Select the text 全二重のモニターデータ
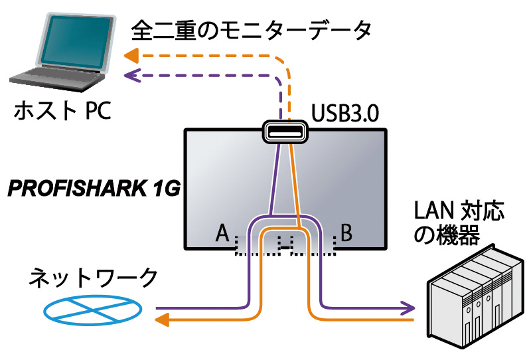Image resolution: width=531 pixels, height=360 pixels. click(252, 30)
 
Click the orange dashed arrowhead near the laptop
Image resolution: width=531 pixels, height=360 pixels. click(131, 56)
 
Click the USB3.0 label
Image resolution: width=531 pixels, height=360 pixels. click(346, 114)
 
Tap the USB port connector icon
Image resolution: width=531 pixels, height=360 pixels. click(284, 132)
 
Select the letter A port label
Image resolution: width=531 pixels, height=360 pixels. click(223, 234)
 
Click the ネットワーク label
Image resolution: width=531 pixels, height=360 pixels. click(93, 278)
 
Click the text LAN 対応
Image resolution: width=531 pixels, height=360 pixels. click(459, 212)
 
